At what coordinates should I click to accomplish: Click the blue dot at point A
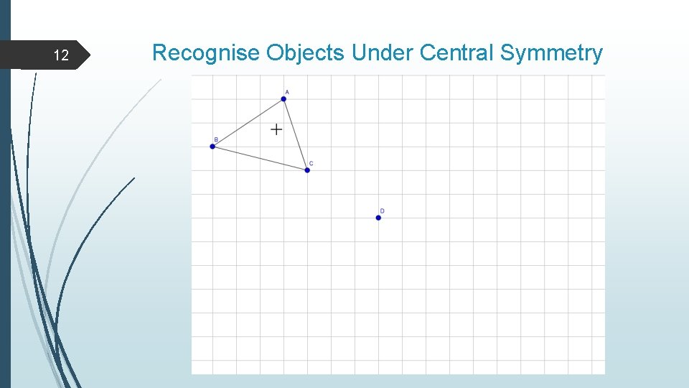click(x=283, y=99)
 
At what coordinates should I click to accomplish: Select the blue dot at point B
click(x=212, y=147)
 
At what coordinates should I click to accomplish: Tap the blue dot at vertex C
click(x=307, y=170)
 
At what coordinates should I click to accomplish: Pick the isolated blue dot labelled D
click(x=378, y=218)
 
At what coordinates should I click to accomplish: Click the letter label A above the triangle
click(x=287, y=92)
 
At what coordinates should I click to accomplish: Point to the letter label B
click(x=215, y=139)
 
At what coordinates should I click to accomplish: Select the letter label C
click(x=311, y=163)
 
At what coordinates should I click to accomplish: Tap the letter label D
click(x=382, y=211)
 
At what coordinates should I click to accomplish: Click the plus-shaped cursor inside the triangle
click(x=276, y=129)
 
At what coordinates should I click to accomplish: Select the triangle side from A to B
click(x=248, y=123)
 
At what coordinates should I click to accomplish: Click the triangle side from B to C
click(x=260, y=158)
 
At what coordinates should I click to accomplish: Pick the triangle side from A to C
click(x=296, y=134)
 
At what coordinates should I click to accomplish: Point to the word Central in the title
click(x=457, y=53)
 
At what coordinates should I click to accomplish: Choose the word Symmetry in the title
click(x=551, y=53)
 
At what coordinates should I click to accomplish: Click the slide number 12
click(x=62, y=55)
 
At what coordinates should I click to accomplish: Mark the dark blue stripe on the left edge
click(x=5, y=216)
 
